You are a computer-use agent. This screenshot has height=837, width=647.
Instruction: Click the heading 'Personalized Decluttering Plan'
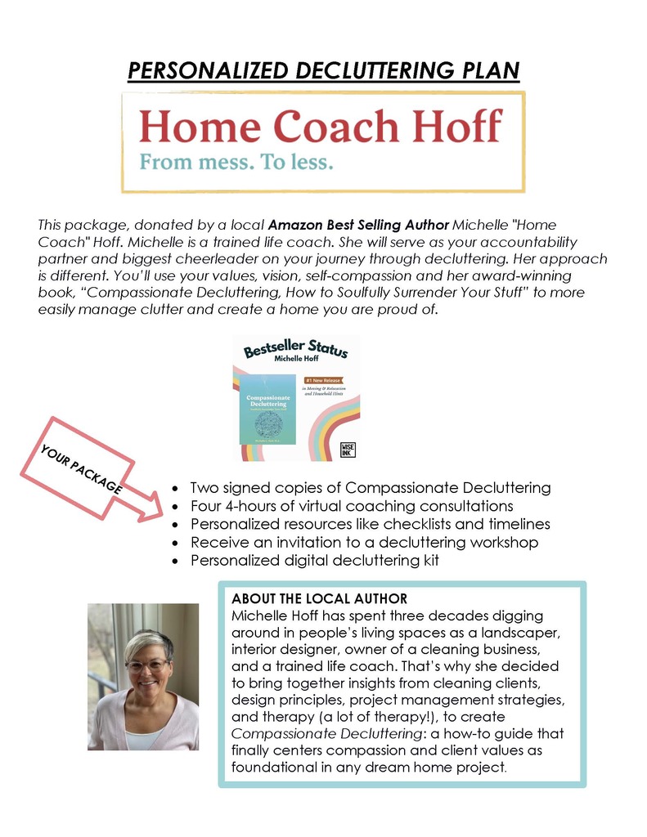coord(323,70)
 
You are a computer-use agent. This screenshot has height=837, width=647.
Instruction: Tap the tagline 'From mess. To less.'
coord(236,161)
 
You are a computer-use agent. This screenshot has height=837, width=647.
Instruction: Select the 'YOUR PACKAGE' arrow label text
coord(81,462)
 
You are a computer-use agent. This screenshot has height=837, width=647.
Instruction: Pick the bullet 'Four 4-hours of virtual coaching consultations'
coord(351,506)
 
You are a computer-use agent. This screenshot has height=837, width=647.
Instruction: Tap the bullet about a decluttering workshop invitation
coord(364,542)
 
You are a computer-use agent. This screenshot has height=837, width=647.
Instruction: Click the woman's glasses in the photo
coord(148,666)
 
